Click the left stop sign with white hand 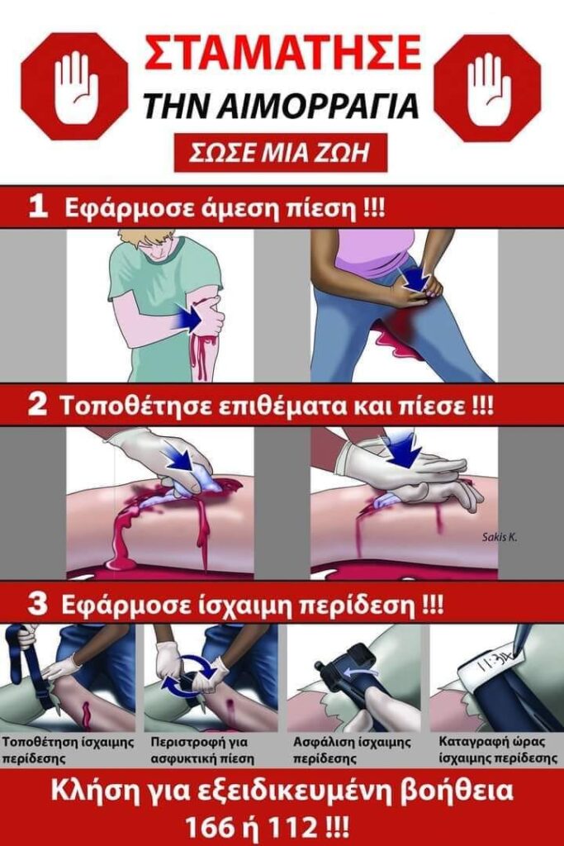point(75,86)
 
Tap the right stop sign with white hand point(488,86)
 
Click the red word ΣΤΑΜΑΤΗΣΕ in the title point(282,54)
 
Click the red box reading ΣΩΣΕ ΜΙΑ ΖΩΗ point(281,153)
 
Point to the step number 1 point(38,207)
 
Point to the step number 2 point(37,406)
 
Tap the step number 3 point(38,604)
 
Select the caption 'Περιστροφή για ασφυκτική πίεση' point(203,750)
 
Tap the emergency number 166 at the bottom point(207,825)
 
